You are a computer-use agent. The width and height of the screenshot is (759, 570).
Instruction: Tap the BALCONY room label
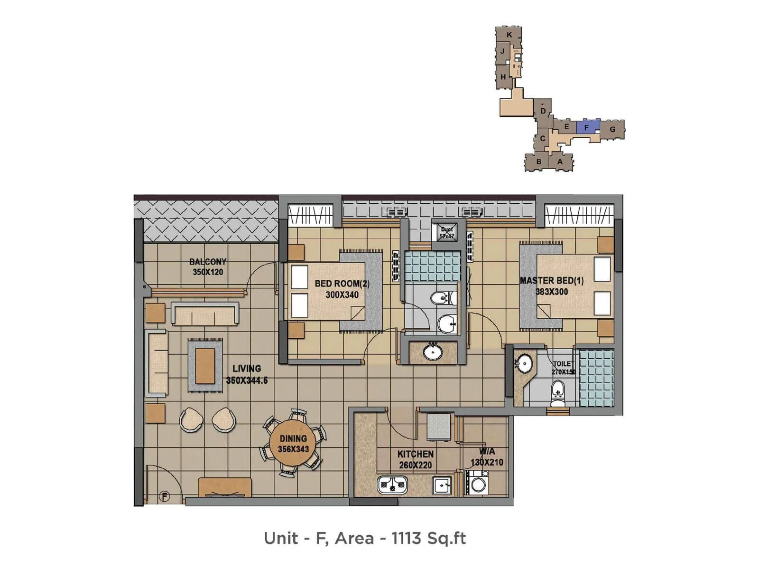coord(208,262)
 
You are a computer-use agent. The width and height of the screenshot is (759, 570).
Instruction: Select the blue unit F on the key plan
coord(588,127)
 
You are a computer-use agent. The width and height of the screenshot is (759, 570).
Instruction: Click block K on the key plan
coord(509,35)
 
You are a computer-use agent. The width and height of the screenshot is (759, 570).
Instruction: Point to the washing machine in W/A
coord(478,484)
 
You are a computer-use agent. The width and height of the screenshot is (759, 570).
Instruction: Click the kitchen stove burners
coord(392,485)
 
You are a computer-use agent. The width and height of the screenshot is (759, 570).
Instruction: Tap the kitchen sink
coord(442,485)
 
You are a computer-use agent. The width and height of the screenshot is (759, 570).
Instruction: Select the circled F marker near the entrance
coord(164,497)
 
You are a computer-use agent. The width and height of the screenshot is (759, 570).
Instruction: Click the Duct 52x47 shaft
coord(446,232)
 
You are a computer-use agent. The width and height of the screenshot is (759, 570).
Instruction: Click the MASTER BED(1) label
coord(552,281)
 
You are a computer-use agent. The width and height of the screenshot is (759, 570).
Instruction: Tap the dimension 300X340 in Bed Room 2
coord(342,295)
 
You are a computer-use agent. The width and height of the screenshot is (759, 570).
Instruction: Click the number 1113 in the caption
coord(406,538)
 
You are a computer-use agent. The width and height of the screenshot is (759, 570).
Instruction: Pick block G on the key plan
coord(612,129)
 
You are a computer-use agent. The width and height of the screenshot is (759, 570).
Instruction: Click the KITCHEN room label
coord(415,454)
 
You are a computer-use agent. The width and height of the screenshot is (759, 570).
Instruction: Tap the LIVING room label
coord(247,368)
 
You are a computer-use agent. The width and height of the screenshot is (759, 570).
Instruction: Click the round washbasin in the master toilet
coord(524,364)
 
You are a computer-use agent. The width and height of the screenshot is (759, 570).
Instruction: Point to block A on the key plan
coord(560,161)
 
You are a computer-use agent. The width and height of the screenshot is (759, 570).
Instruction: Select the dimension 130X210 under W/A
coord(487,462)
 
